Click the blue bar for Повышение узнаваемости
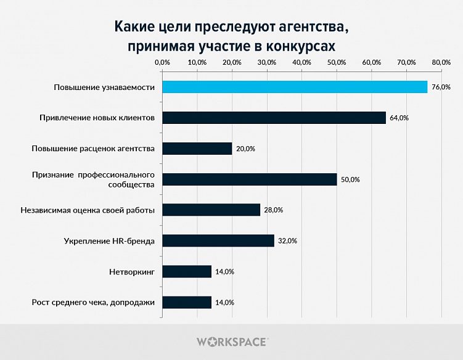294,87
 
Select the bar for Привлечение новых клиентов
274,118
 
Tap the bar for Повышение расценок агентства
197,149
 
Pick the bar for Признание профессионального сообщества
249,179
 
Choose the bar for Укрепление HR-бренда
218,241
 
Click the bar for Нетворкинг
186,272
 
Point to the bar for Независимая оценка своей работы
211,210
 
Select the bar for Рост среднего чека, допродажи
186,303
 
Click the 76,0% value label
441,87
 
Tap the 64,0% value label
399,118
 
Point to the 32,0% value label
287,241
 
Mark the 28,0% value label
273,210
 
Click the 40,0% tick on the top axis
301,62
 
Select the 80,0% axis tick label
441,62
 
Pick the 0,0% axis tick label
162,62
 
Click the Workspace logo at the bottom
231,341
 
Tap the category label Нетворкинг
131,272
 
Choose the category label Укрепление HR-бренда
109,241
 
